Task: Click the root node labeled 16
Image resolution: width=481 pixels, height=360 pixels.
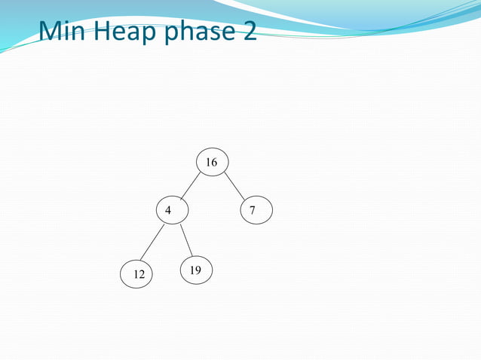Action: point(212,162)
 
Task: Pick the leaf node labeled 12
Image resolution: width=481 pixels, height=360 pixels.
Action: point(138,274)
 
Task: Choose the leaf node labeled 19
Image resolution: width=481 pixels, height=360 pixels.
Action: point(196,270)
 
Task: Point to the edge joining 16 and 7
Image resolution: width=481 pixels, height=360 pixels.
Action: point(234,187)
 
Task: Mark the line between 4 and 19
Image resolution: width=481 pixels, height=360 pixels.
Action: point(187,241)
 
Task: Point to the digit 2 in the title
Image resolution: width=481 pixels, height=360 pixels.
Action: point(249,32)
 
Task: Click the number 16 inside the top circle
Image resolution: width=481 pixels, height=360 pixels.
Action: point(211,163)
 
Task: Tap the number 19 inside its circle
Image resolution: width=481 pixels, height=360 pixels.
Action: point(195,270)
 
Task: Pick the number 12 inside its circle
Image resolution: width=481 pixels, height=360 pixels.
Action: point(139,275)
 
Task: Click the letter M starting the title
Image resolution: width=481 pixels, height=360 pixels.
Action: point(51,32)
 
